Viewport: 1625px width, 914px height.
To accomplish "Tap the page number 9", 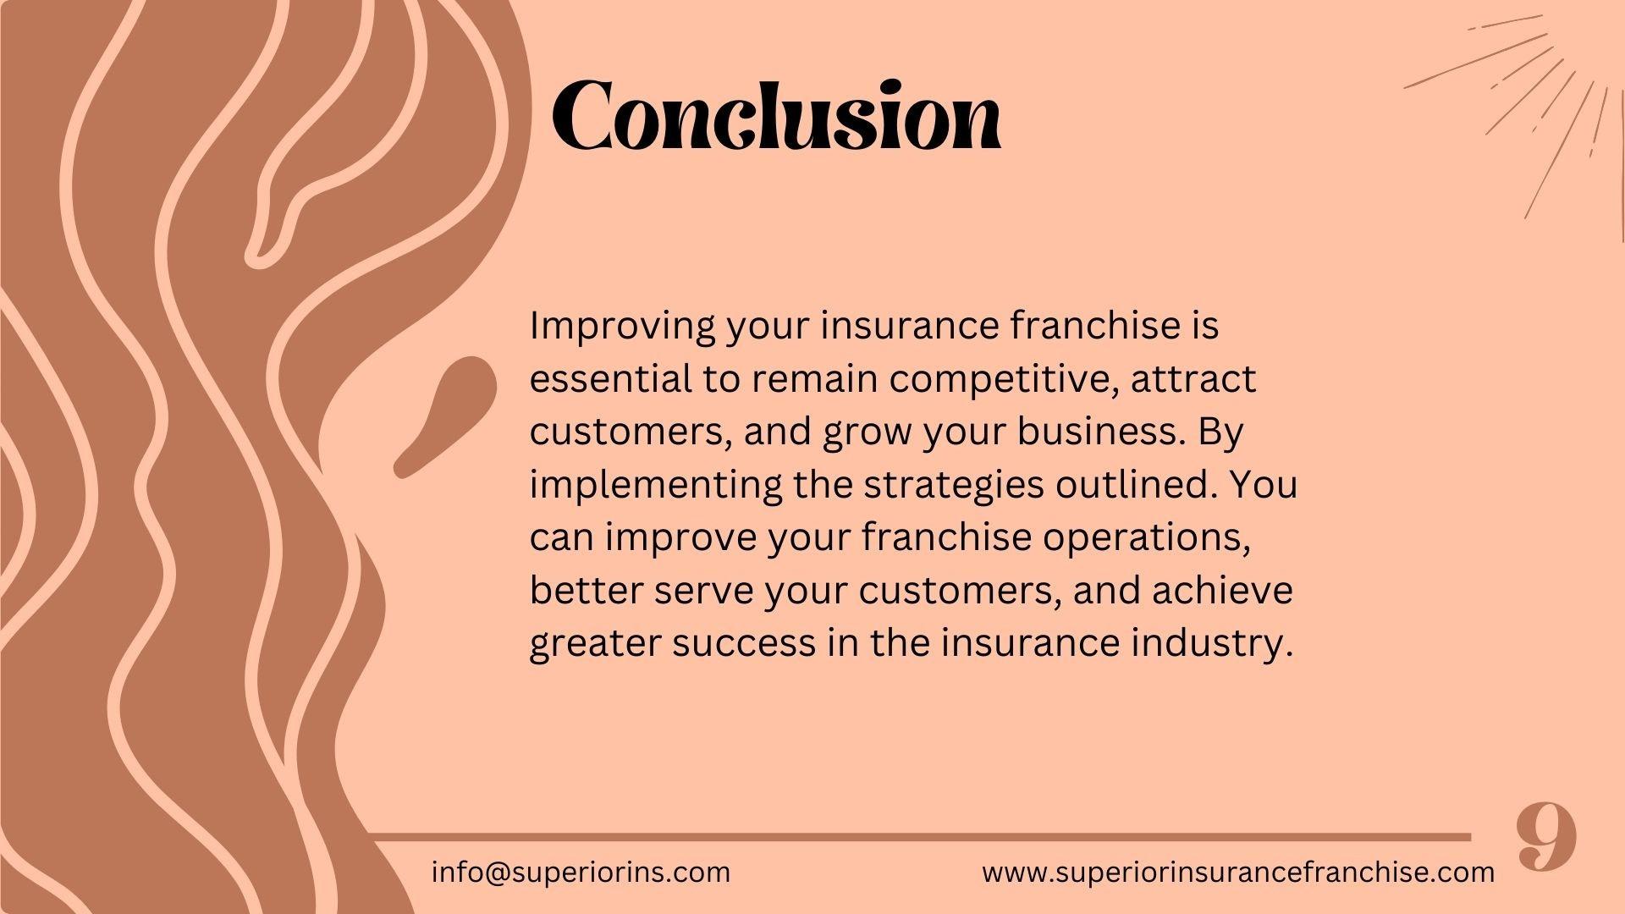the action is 1546,837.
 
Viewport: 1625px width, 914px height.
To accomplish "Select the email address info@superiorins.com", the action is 581,872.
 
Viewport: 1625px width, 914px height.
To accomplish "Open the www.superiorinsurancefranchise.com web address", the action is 1238,872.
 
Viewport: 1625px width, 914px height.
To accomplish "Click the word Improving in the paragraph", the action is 623,327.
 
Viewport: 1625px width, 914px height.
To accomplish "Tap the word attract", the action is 1193,378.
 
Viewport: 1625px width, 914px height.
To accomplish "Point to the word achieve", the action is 1222,590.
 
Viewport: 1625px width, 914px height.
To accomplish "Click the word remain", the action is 813,378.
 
